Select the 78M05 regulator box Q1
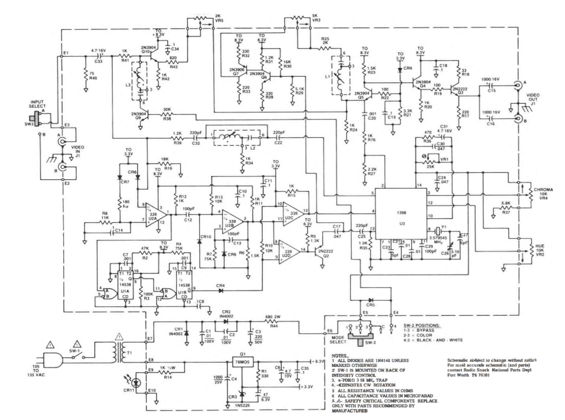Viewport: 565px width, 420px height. click(x=243, y=362)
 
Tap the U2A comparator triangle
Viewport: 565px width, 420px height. click(x=155, y=215)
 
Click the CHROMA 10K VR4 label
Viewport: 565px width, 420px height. click(x=543, y=194)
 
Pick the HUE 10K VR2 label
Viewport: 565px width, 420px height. click(x=540, y=250)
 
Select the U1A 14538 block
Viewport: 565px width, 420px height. click(x=125, y=285)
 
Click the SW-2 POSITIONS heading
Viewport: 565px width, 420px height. click(x=422, y=326)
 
